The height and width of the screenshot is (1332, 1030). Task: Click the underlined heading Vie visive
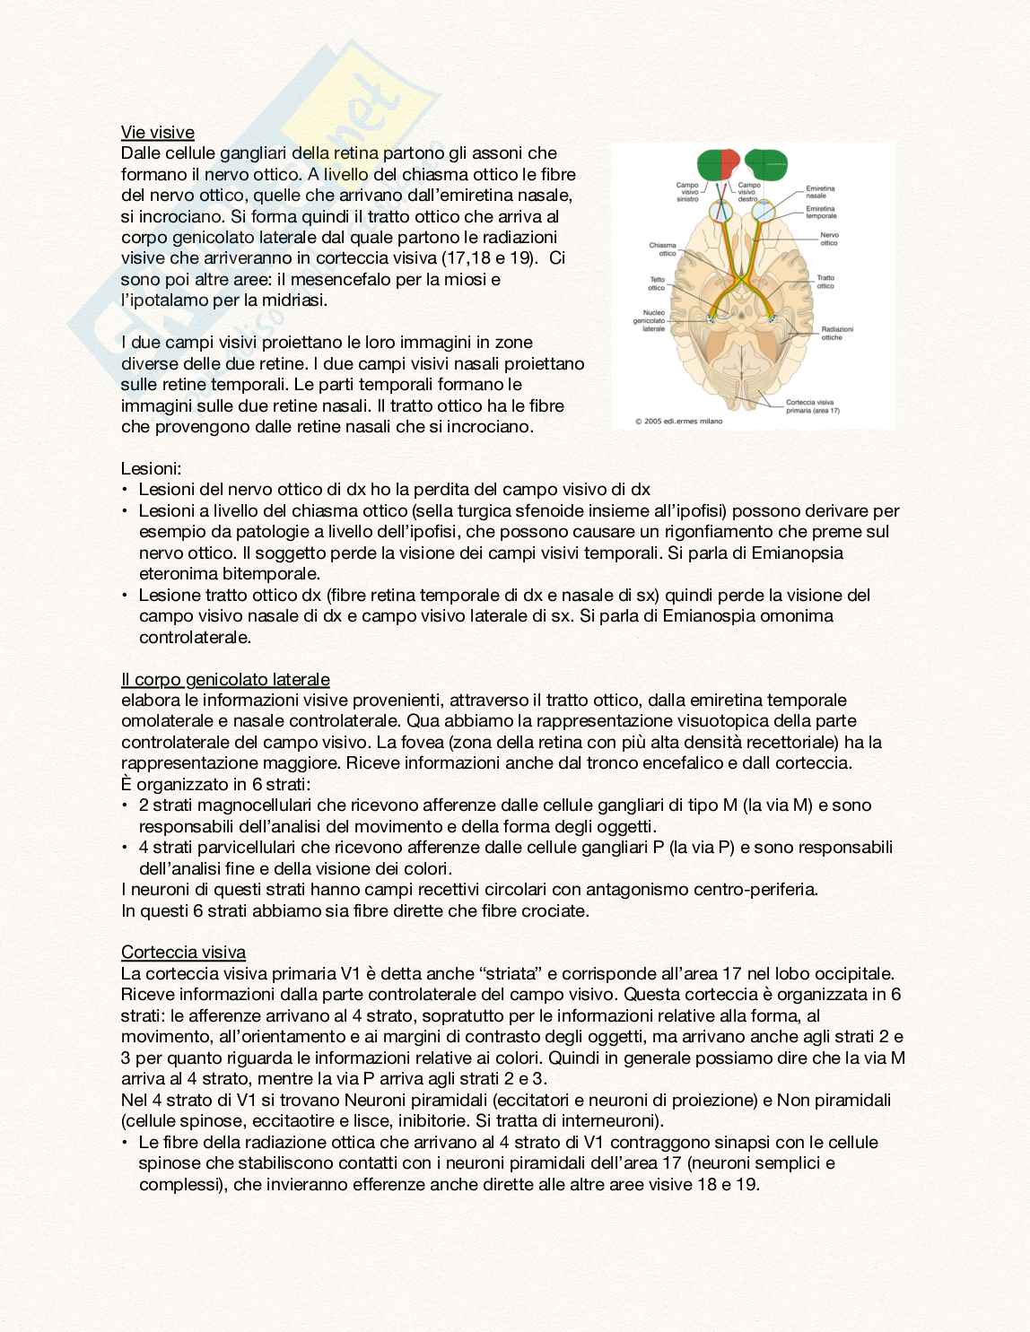point(158,133)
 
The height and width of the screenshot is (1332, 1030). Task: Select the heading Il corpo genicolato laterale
point(225,679)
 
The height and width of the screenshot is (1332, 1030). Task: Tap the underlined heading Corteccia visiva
point(183,952)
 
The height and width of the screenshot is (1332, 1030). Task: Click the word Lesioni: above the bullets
point(151,468)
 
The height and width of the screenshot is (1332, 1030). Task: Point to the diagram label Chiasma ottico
point(662,249)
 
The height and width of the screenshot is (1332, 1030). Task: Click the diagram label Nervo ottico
point(829,239)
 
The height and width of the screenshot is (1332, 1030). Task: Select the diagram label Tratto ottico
point(825,282)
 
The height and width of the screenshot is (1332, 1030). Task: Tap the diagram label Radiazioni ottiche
point(836,334)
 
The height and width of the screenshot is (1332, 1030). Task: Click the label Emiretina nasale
point(820,192)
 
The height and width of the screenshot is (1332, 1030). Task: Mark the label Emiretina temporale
point(821,213)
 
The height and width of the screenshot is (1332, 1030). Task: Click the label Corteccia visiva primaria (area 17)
point(813,406)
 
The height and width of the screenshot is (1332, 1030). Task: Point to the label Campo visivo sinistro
point(687,192)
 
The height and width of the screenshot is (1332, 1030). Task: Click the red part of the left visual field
point(729,163)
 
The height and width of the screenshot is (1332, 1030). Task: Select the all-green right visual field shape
point(765,164)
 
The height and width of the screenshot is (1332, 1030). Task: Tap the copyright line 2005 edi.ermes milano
point(678,421)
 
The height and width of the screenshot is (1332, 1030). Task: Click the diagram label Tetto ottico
point(657,283)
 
